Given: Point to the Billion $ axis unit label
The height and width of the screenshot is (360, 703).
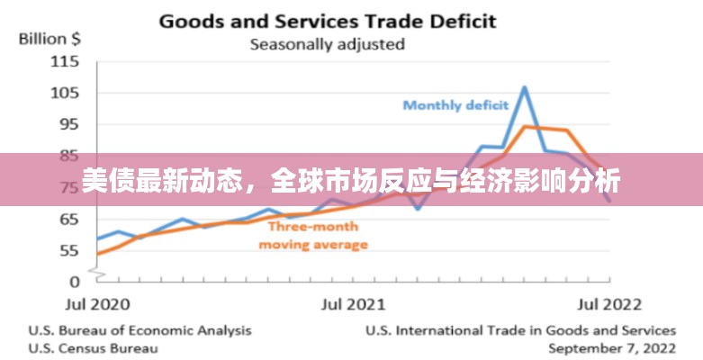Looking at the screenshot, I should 49,39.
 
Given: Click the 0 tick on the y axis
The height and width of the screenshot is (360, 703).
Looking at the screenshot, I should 75,282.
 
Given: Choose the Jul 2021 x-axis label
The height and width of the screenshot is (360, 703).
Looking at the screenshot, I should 353,303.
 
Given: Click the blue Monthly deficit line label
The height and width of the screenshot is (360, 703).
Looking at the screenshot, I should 455,105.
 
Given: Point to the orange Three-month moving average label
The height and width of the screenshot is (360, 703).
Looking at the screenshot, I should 313,236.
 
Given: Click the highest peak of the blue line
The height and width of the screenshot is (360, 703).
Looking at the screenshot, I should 525,87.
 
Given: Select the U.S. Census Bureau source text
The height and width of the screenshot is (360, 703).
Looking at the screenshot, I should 94,347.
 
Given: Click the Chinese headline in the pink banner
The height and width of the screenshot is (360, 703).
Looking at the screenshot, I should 351,181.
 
